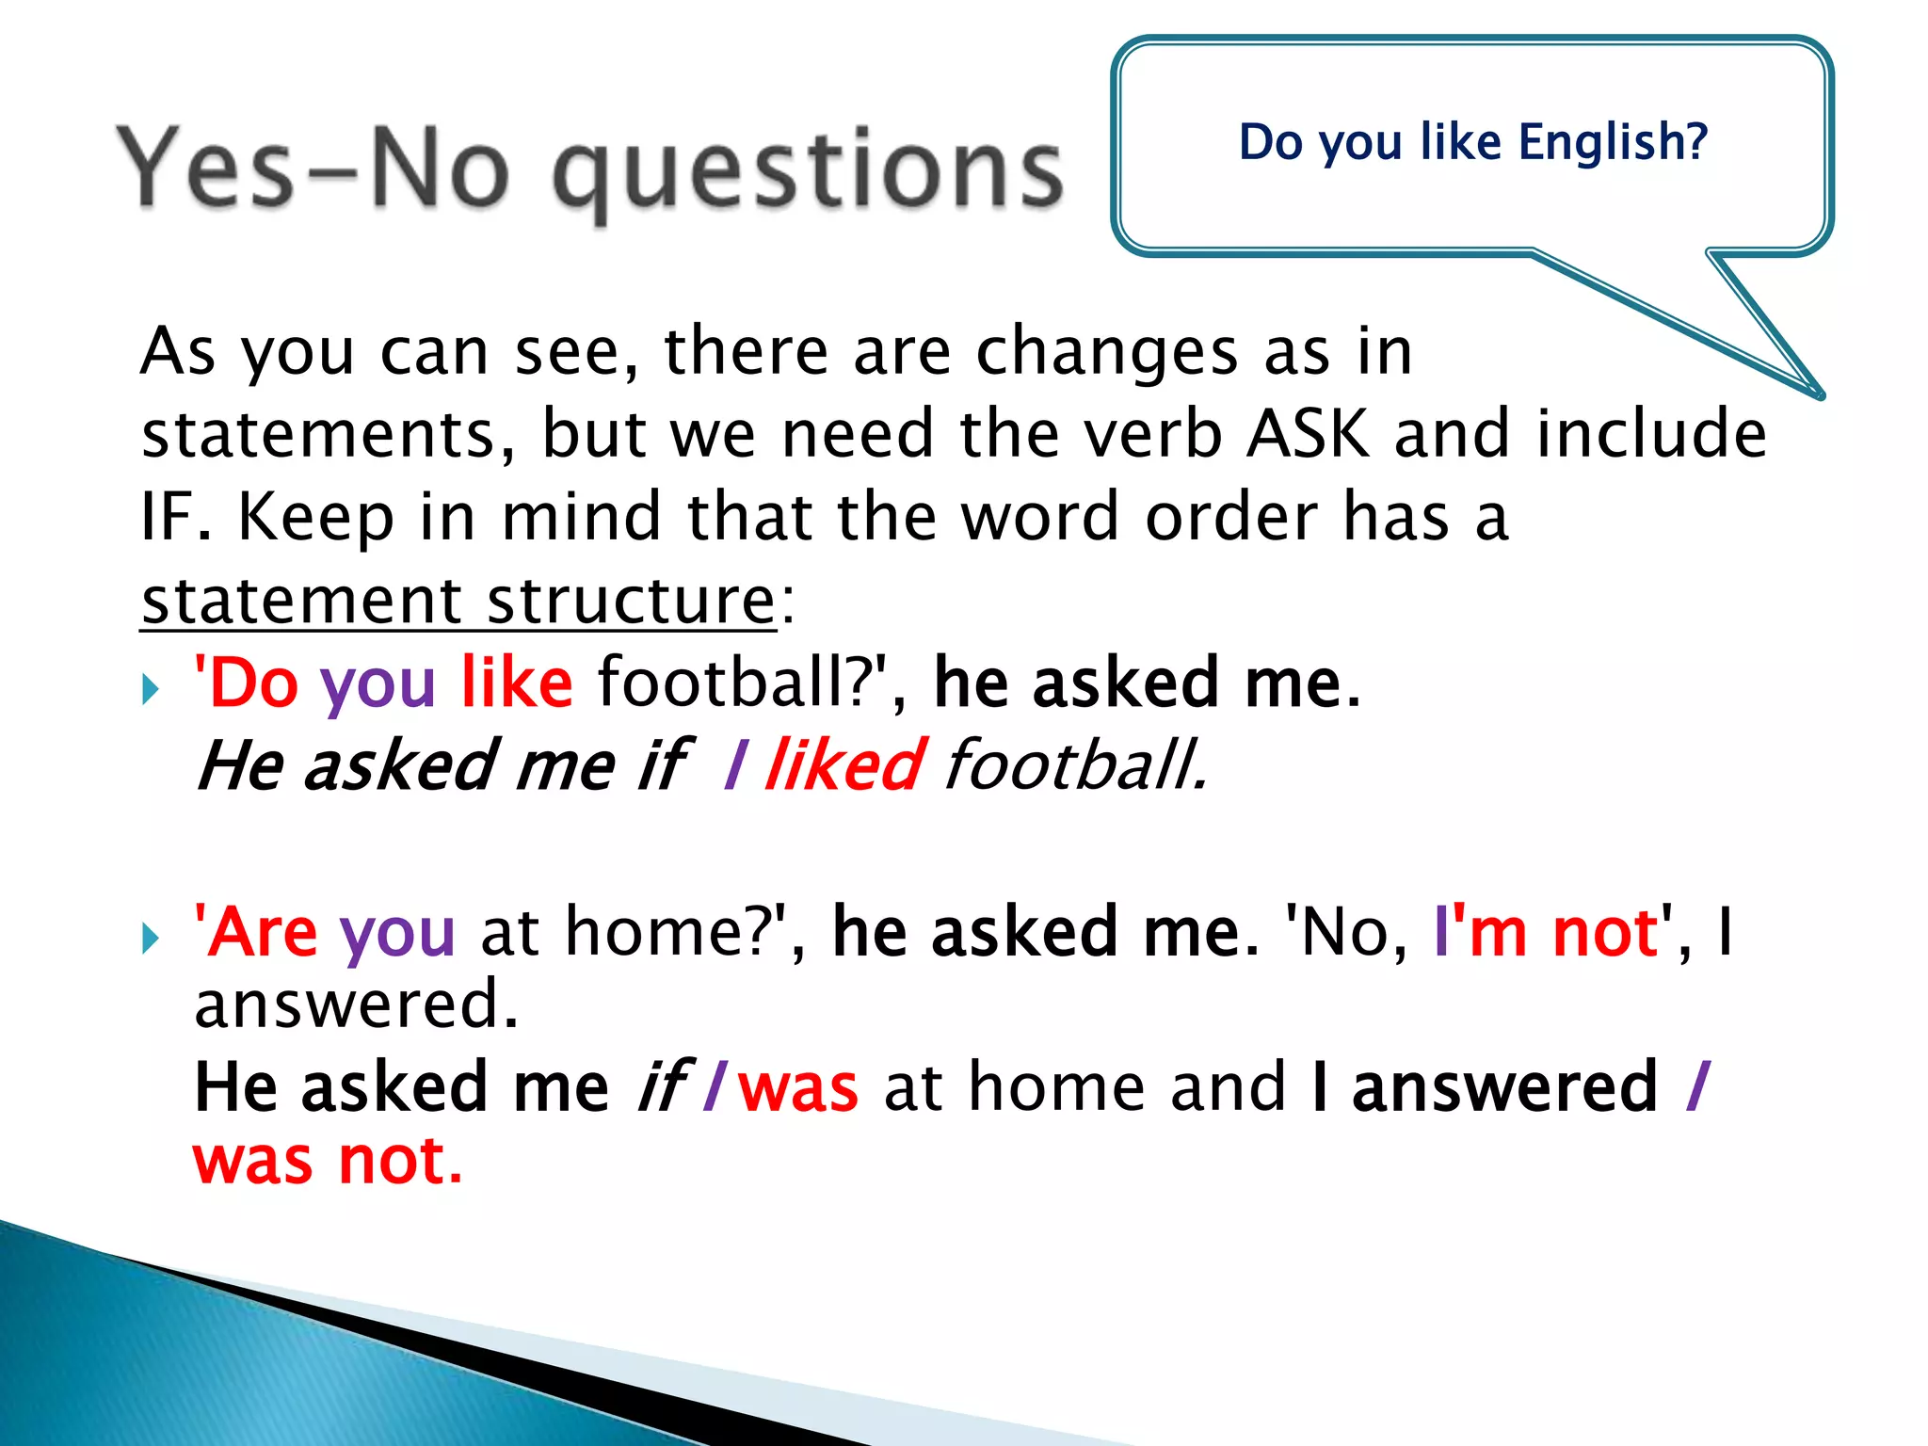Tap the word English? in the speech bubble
click(1613, 143)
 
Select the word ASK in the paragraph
click(1308, 434)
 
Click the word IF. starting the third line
click(176, 517)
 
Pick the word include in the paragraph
click(1651, 434)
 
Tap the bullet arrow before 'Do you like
click(151, 690)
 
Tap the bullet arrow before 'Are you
click(151, 939)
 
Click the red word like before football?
click(517, 682)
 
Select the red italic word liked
click(844, 764)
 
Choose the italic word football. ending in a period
click(1075, 764)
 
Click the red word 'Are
click(256, 932)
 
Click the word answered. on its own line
click(356, 1004)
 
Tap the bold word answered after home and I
click(1503, 1087)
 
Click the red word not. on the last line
click(400, 1161)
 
